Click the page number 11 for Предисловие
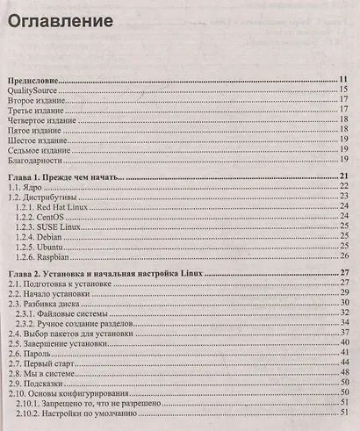[345, 80]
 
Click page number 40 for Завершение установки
[346, 344]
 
